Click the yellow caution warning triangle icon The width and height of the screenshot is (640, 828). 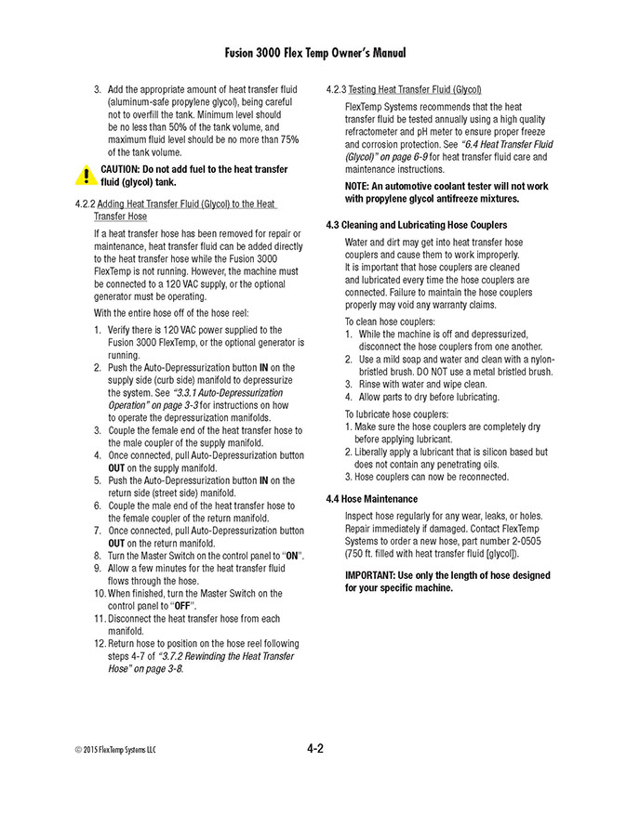pos(86,175)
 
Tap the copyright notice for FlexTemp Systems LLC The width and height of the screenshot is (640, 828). pos(115,750)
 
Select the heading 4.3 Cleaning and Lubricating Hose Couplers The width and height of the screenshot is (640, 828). pos(416,225)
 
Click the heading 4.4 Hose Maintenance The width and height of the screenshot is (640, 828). pos(371,498)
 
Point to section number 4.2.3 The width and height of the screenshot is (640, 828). pos(336,90)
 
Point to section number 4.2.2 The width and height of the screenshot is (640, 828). pos(83,204)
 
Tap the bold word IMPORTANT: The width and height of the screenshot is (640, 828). pos(371,575)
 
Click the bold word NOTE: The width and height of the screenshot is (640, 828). pos(358,186)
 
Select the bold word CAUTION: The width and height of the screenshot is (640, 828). pos(126,170)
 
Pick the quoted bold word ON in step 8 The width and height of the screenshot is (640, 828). pos(291,555)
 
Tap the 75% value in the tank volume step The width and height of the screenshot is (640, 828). pos(289,139)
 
